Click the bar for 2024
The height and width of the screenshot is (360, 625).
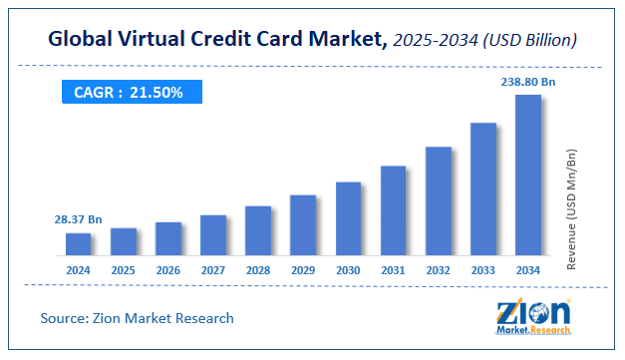click(79, 244)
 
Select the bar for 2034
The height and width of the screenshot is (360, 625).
click(527, 176)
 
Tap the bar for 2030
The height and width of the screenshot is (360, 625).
click(348, 218)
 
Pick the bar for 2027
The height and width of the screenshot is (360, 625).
click(213, 235)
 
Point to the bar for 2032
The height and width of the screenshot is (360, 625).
click(438, 200)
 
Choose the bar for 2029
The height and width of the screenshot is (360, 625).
click(303, 225)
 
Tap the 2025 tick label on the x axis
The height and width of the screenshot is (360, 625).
click(124, 270)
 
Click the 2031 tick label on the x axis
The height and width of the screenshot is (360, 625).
click(393, 270)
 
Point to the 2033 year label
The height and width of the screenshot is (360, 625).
click(482, 270)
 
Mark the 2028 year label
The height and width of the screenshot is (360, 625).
click(258, 270)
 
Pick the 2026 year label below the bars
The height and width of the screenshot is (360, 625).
click(168, 270)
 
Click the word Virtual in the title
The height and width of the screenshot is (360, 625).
click(176, 38)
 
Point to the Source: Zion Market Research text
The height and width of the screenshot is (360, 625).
click(138, 318)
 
